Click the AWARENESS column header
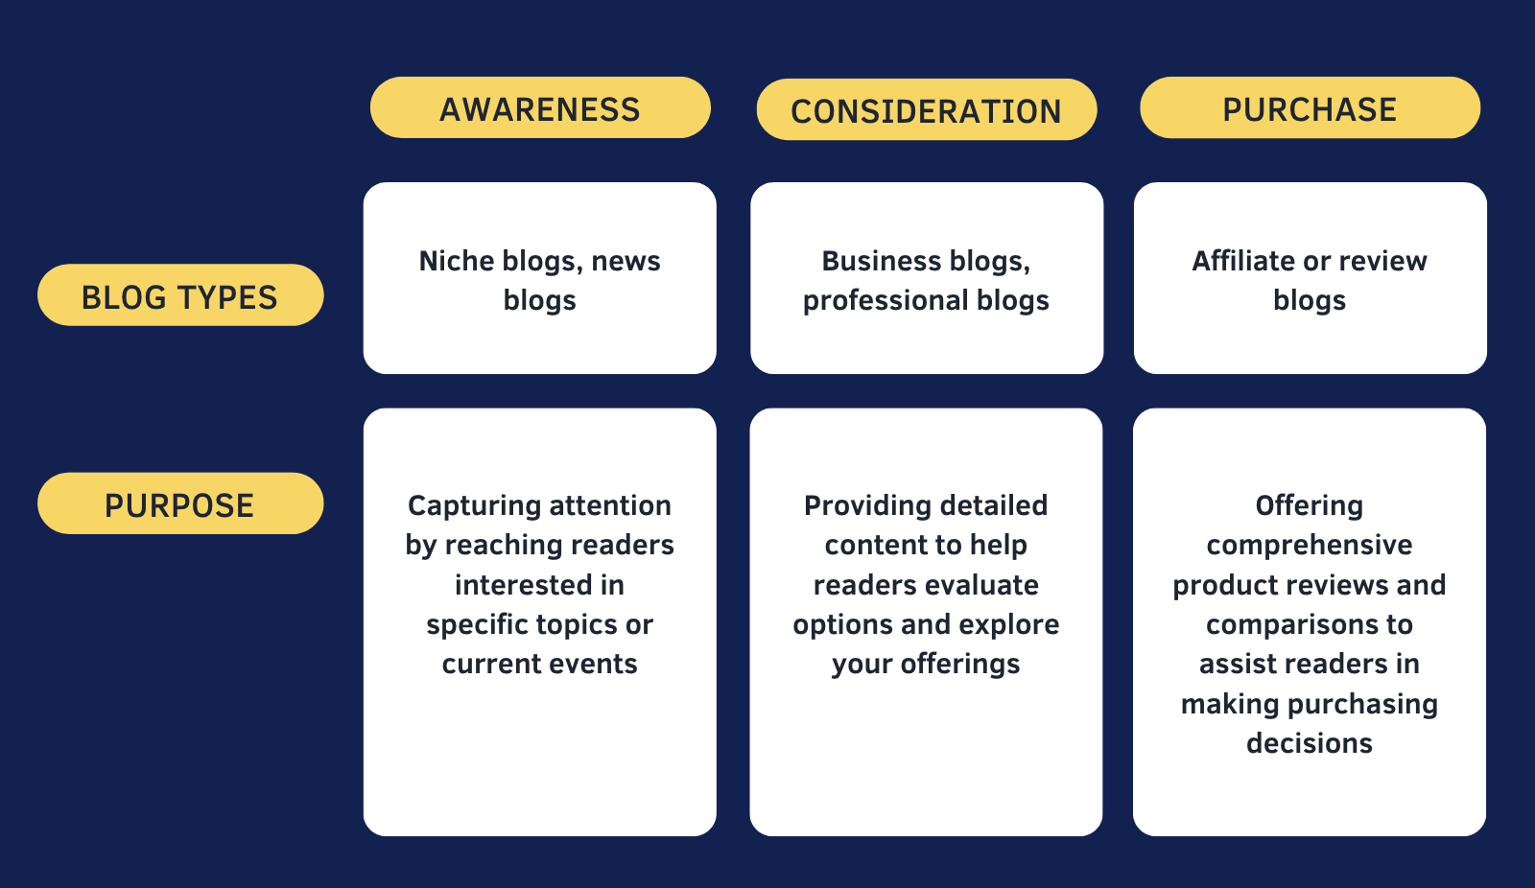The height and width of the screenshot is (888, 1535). pos(540,107)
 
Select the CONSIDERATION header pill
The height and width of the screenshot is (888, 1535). pos(927,109)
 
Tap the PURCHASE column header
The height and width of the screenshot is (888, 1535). pos(1311,107)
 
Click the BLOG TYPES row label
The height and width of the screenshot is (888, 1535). pos(180,295)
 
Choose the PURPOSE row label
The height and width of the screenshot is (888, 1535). pos(180,503)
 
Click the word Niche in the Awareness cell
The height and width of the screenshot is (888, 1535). pos(457,261)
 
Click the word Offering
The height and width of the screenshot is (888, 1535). pos(1310,506)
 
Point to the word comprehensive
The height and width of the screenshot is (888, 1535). pos(1310,546)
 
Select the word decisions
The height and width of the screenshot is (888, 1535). pos(1310,743)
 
